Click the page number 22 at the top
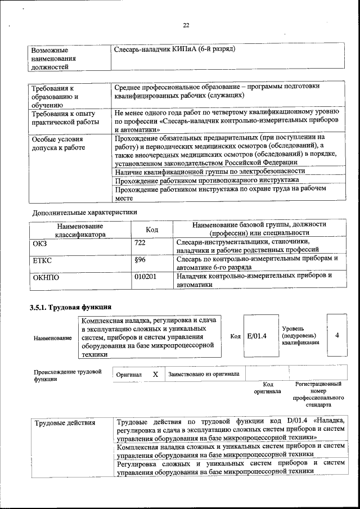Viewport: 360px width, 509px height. [186, 25]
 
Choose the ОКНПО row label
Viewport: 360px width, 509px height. [46, 277]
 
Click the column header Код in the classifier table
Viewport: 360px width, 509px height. [152, 229]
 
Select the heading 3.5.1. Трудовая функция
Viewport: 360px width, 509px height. [70, 307]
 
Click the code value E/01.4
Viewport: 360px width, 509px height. [256, 336]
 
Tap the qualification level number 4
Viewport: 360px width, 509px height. [337, 335]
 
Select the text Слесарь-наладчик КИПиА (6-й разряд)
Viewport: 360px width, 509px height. [174, 49]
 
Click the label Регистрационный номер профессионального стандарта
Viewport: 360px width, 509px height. [314, 394]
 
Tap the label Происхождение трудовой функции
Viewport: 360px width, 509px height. [67, 375]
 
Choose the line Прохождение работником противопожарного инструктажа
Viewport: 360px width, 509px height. [206, 180]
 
